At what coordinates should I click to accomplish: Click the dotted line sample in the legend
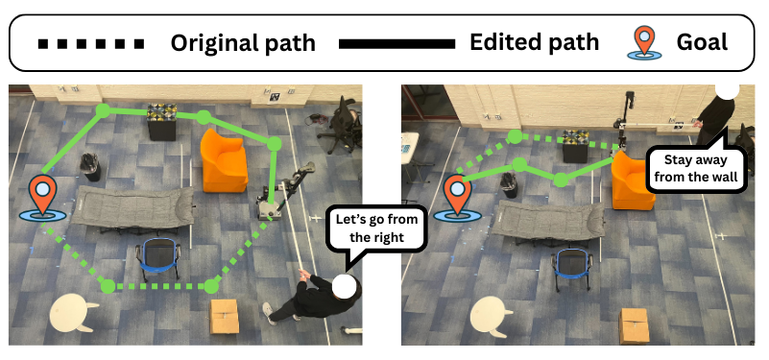(x=90, y=43)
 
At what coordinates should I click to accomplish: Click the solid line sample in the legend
(x=397, y=43)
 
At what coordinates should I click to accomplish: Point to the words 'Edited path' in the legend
(x=534, y=43)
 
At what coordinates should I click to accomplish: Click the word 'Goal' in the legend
(x=702, y=43)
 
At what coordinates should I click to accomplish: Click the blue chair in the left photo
(x=156, y=260)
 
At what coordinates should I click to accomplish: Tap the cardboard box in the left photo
(x=226, y=318)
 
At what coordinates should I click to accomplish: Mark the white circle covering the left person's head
(x=346, y=286)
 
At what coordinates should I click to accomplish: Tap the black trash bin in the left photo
(x=91, y=165)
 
